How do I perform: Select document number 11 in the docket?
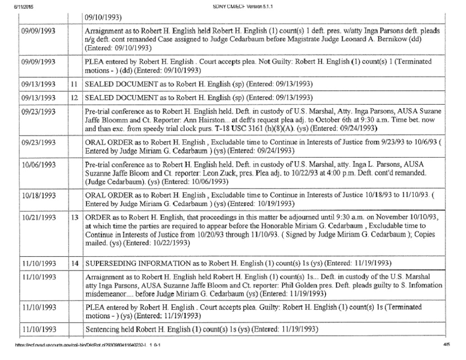(x=73, y=85)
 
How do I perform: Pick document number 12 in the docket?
(x=73, y=98)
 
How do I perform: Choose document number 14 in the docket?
(x=73, y=263)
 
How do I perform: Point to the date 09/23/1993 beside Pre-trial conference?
(x=39, y=111)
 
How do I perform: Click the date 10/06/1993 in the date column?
(x=39, y=164)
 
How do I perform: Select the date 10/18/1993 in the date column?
(x=39, y=196)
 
